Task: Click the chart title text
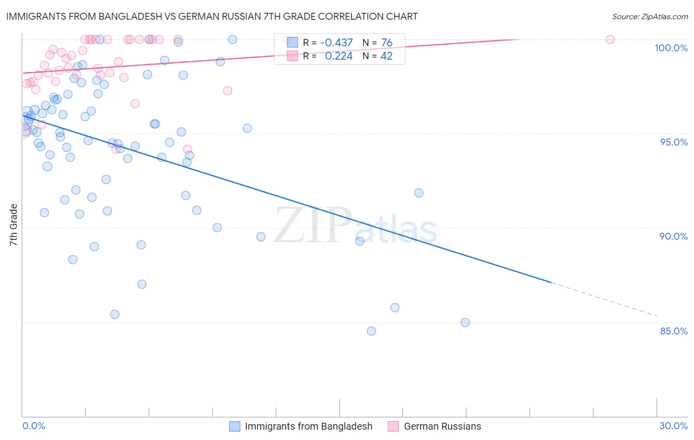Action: (x=212, y=16)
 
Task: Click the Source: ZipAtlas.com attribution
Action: (x=650, y=16)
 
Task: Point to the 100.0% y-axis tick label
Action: (x=671, y=48)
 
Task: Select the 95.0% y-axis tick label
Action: (x=674, y=142)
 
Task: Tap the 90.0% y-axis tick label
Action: (x=673, y=236)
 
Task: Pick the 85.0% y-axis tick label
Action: (x=674, y=331)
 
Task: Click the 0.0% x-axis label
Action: (x=34, y=426)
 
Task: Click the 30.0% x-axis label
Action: (x=673, y=426)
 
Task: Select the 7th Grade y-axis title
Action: (x=13, y=225)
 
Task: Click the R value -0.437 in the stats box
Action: (x=336, y=43)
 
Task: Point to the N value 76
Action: (x=386, y=43)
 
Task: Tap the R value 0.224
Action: (x=339, y=56)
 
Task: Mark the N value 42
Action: (x=386, y=56)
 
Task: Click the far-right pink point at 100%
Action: (x=610, y=39)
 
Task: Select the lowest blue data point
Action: (x=371, y=331)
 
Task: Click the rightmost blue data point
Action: (x=465, y=323)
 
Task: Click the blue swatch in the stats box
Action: (x=293, y=43)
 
